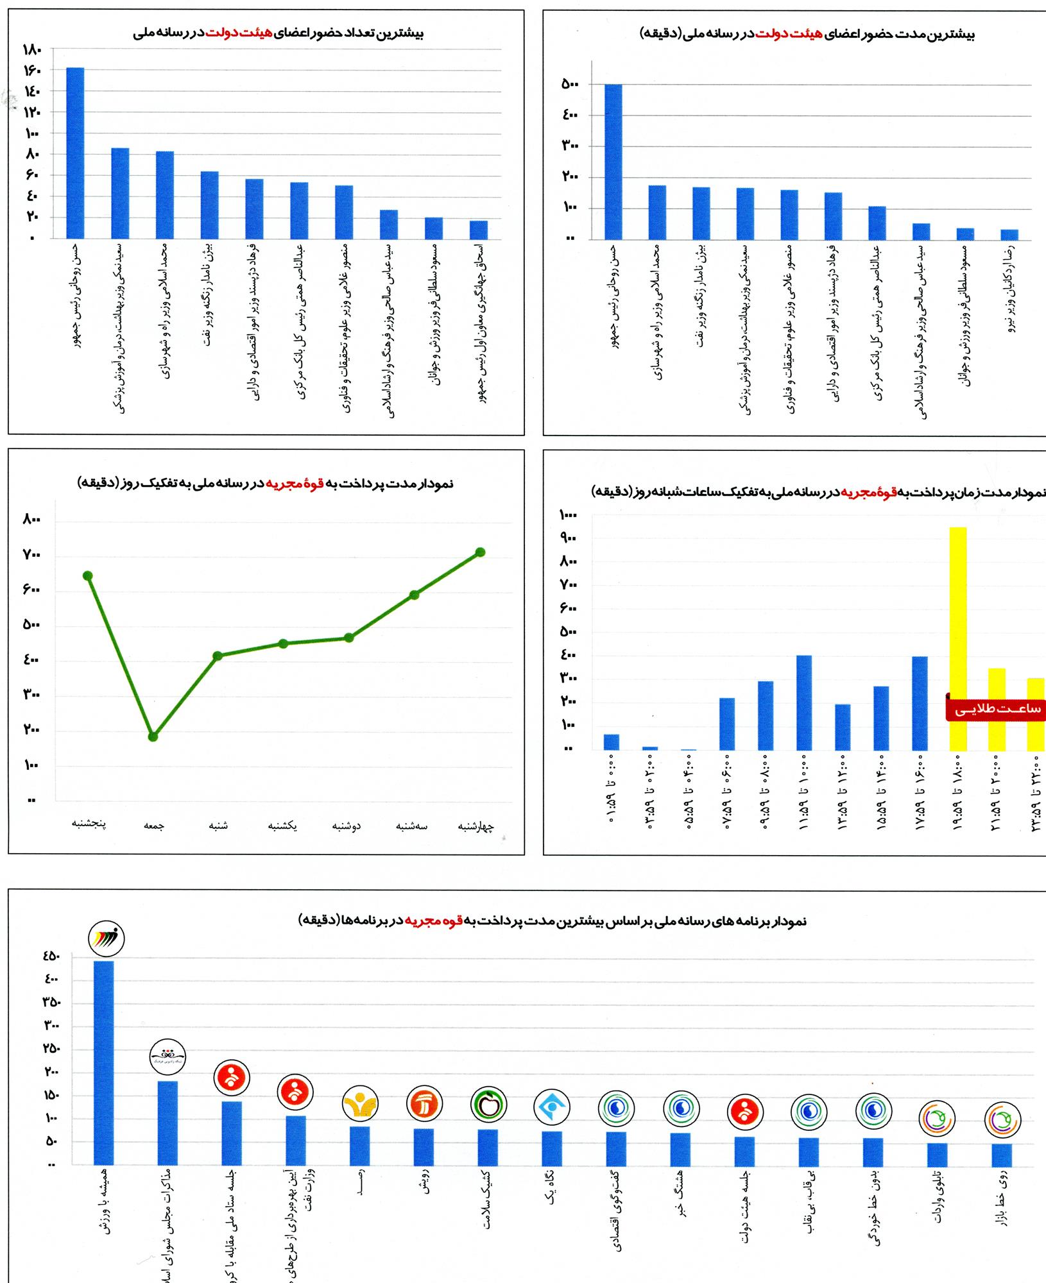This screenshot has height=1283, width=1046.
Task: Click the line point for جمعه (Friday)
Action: [153, 736]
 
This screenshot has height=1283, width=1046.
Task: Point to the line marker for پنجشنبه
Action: [88, 575]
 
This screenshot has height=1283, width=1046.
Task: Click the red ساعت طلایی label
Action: [996, 709]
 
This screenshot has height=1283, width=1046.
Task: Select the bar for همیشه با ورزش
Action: [103, 1062]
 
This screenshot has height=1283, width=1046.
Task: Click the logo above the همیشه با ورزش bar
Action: [106, 939]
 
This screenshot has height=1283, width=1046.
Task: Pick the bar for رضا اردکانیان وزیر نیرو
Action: [1009, 235]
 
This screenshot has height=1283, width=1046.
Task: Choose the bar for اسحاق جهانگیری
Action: [478, 230]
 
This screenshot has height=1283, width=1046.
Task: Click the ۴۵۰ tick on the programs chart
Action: [51, 957]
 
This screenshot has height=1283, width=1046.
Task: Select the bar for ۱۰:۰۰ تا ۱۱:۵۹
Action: [803, 702]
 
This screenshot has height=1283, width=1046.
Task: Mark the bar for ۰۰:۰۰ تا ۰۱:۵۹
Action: [611, 742]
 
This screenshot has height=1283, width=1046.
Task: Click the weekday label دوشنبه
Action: [347, 826]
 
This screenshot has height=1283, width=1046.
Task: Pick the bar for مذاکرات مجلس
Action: [167, 1123]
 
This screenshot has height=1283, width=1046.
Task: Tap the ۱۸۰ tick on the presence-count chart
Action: [31, 49]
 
